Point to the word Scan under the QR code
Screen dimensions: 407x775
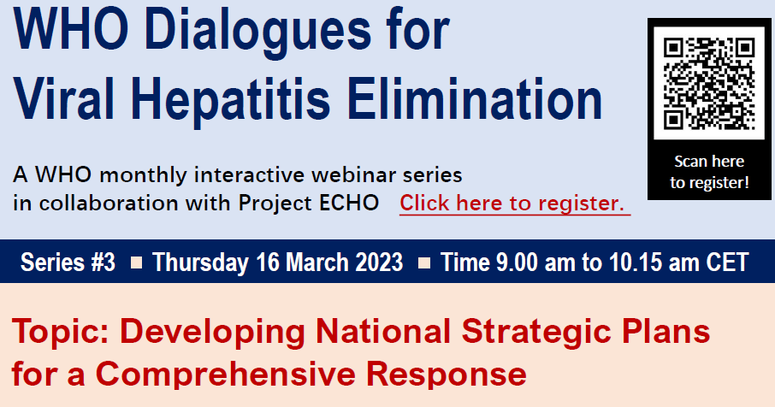691,161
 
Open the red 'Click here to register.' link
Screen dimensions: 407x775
513,203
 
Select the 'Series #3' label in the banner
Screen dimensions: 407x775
67,262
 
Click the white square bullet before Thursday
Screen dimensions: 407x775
136,262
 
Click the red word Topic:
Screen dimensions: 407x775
56,331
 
